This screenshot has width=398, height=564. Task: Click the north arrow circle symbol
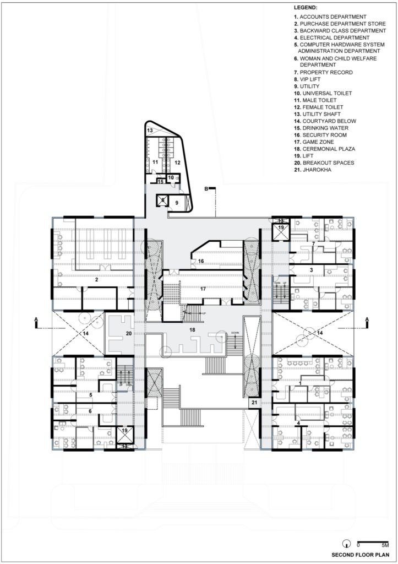click(347, 541)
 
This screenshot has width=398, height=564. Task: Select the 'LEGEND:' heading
click(306, 8)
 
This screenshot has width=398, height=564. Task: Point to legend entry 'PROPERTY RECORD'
click(323, 72)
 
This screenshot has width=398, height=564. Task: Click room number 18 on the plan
click(193, 329)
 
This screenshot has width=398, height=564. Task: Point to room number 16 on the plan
click(201, 261)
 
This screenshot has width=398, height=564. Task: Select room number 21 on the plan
click(254, 403)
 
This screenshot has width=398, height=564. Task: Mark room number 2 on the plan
click(96, 280)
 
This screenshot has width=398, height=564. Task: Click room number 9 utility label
click(177, 203)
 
